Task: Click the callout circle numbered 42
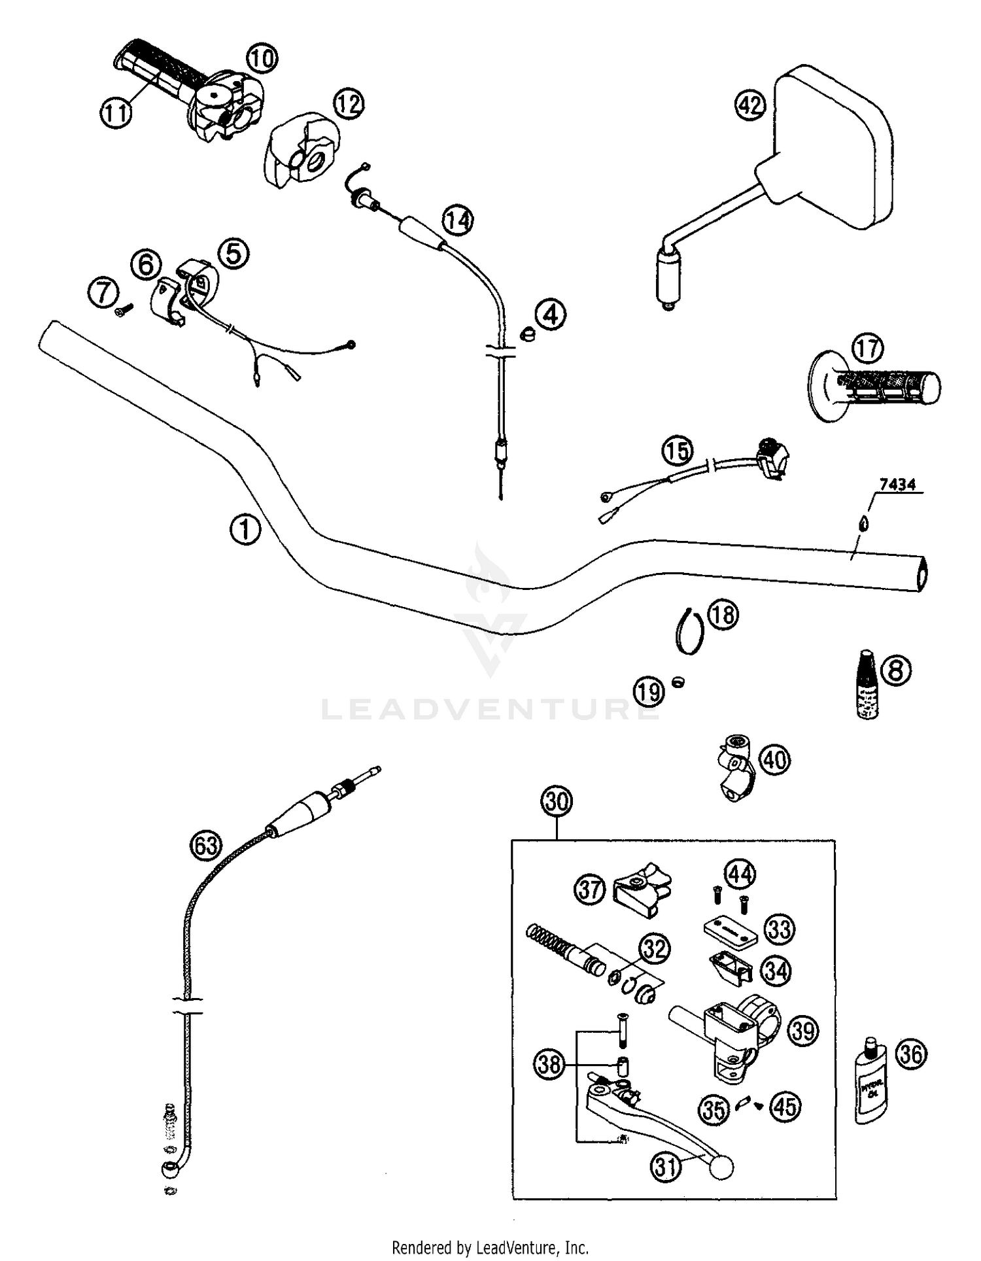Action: click(750, 105)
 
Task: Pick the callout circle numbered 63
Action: click(205, 846)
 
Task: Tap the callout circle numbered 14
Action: click(458, 220)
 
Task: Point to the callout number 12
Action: click(349, 103)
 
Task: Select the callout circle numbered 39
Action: click(803, 1031)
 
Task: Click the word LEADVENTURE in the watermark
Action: click(490, 710)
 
